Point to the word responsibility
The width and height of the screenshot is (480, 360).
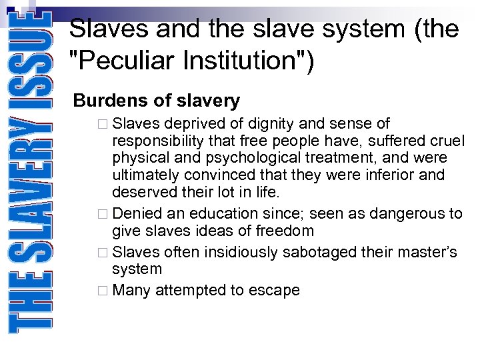[158, 141]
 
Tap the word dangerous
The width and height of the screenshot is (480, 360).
[403, 214]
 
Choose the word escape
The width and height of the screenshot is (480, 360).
[277, 291]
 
